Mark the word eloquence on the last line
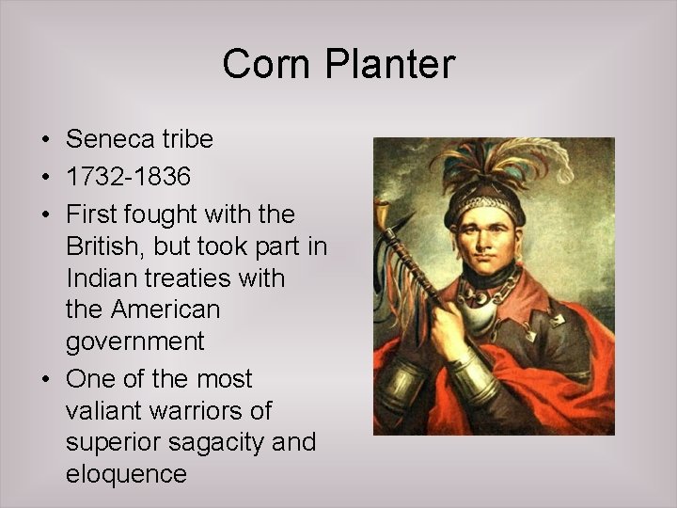[x=127, y=474]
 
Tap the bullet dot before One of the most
[x=45, y=380]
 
